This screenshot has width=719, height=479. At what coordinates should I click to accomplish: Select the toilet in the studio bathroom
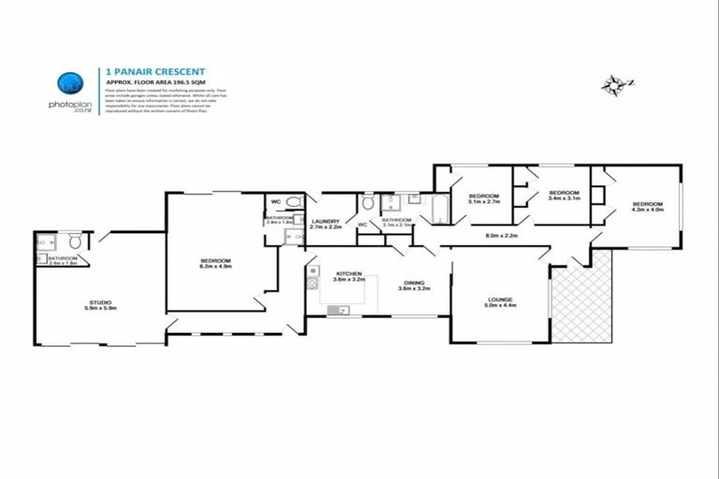75,239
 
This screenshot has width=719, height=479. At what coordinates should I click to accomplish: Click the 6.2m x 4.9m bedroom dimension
215,266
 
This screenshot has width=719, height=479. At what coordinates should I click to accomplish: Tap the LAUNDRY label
326,221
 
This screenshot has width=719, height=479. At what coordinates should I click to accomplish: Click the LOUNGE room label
498,299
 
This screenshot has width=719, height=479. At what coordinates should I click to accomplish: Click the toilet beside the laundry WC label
367,203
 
